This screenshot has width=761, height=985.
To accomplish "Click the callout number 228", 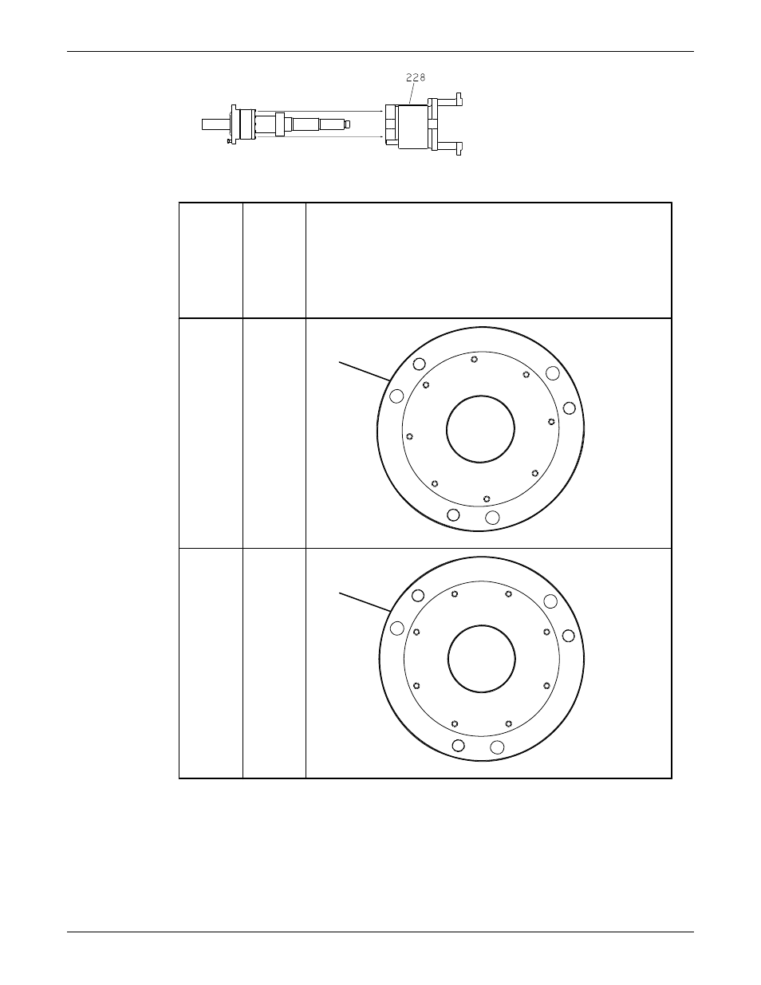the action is (x=416, y=77).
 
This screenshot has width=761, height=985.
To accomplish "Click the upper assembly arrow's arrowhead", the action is (x=382, y=111).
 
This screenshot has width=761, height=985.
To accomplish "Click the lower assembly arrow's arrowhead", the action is (x=382, y=136).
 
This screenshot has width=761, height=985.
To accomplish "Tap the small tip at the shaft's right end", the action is (x=347, y=124).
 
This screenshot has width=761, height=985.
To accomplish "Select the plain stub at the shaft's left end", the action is (x=216, y=124).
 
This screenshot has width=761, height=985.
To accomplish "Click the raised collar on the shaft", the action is (x=280, y=124).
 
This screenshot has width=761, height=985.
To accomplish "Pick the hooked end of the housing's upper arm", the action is (x=459, y=99).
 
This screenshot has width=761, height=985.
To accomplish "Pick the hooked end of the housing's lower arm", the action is (x=459, y=148).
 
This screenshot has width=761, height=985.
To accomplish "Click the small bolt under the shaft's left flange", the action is (x=230, y=141).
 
